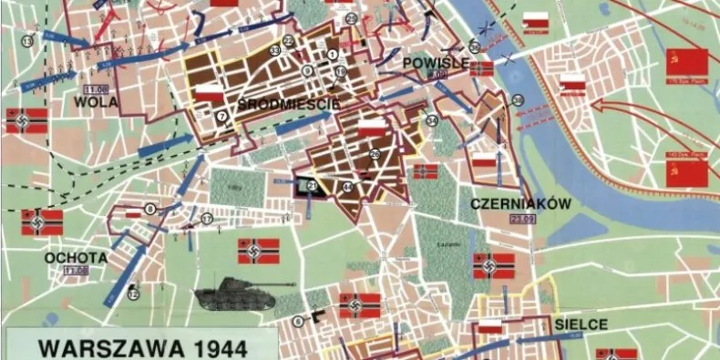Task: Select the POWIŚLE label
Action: pos(436,62)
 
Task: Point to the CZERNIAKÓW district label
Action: pos(520,204)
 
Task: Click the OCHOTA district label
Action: pos(76,258)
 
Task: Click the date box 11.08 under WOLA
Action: pos(95,89)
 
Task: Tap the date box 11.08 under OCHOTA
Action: pos(76,271)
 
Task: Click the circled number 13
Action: pos(27,41)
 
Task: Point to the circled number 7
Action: pos(221,116)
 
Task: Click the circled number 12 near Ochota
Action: pos(133,293)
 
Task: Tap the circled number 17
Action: pos(207,219)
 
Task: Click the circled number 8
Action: pos(149,210)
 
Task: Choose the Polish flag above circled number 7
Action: pos(210,92)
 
